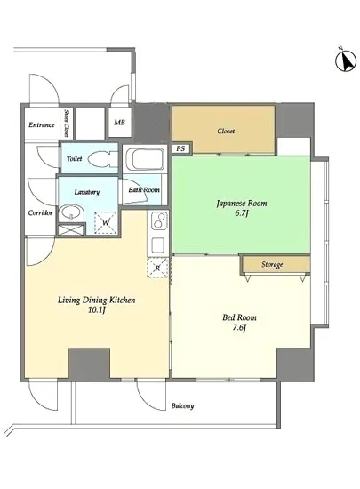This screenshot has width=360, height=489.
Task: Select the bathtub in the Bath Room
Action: click(145, 159)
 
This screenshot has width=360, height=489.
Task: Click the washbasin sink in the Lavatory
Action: click(72, 213)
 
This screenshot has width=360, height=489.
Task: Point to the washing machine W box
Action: click(106, 222)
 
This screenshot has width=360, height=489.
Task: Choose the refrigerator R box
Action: click(157, 268)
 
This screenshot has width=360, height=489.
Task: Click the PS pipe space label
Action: click(180, 148)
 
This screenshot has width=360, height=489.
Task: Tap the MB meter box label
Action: click(119, 123)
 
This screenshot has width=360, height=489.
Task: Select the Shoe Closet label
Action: click(67, 123)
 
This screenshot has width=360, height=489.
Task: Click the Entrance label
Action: click(42, 124)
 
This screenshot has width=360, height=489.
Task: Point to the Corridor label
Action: click(40, 213)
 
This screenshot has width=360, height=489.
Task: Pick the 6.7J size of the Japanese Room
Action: click(242, 213)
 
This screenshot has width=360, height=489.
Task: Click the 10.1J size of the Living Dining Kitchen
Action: click(96, 310)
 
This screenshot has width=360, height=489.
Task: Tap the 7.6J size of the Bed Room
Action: click(239, 328)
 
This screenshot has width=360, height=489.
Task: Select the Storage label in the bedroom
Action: click(272, 264)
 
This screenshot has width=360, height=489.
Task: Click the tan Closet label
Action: click(226, 131)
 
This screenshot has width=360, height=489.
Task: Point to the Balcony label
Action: click(182, 405)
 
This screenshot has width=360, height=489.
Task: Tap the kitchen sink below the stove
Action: click(158, 245)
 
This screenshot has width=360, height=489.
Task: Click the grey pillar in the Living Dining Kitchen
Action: click(89, 364)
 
